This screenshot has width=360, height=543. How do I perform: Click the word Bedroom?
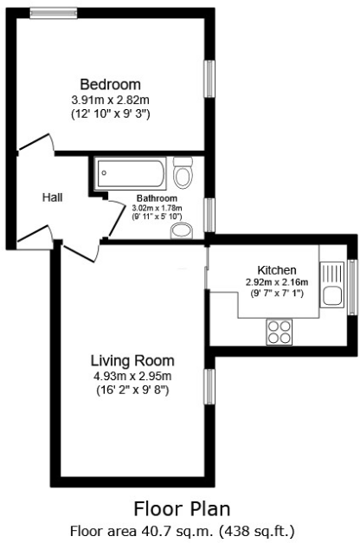point(110,84)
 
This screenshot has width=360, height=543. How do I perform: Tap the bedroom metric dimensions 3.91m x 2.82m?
point(110,100)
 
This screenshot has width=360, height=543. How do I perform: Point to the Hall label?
point(53,197)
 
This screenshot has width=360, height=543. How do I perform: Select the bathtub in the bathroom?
point(131,174)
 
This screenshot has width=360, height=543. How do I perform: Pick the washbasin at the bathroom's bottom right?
point(181,229)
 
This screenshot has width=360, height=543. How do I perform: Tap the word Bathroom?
point(156,198)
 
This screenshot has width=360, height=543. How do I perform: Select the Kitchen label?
point(277,269)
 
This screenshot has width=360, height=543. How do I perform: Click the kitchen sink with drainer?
point(331,283)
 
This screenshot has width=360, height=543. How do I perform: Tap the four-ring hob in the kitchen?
point(279,329)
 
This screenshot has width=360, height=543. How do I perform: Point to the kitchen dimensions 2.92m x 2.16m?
point(277,282)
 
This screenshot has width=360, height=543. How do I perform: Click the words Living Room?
point(133,360)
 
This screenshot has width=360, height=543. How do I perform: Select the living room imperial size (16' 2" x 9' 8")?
point(133,391)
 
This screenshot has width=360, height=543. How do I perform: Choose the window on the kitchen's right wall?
point(351,285)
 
